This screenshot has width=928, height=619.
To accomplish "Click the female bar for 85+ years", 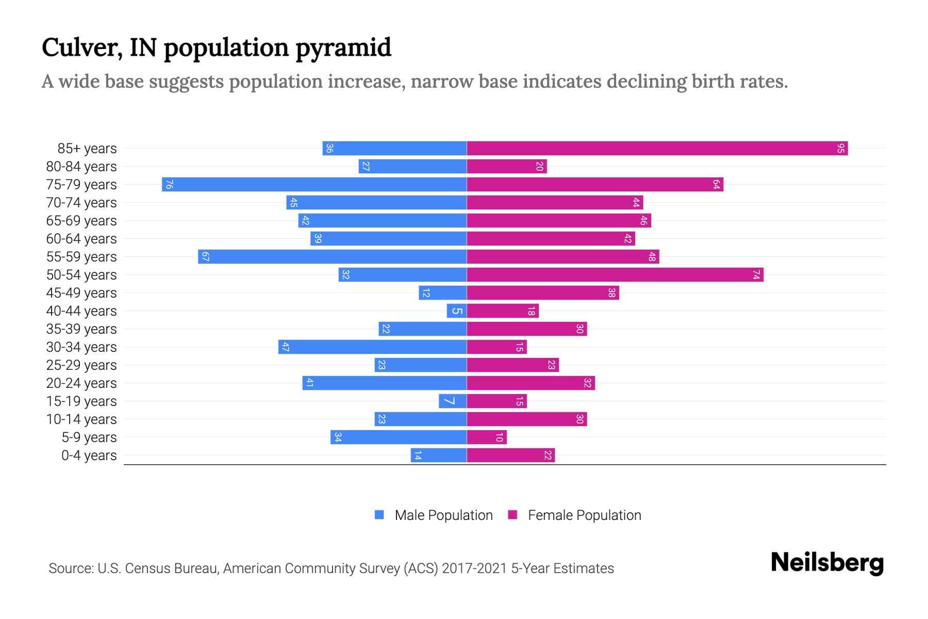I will pyautogui.click(x=657, y=149).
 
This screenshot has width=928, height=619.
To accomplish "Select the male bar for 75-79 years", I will pyautogui.click(x=314, y=185).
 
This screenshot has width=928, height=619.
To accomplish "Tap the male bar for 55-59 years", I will pyautogui.click(x=333, y=257).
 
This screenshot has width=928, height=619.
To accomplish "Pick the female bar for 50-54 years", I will pyautogui.click(x=615, y=275).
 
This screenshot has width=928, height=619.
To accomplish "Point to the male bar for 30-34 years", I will pyautogui.click(x=372, y=347).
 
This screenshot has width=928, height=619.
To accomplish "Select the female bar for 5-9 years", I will pyautogui.click(x=487, y=437).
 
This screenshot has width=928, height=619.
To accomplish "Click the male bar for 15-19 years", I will pyautogui.click(x=453, y=401).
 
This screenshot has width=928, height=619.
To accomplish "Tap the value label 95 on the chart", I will pyautogui.click(x=841, y=149).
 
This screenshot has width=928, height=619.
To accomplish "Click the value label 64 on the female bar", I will pyautogui.click(x=716, y=185).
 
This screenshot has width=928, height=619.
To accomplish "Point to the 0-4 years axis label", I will pyautogui.click(x=89, y=455).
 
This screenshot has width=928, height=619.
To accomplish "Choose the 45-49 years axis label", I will pyautogui.click(x=81, y=293).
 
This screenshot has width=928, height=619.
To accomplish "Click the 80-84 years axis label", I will pyautogui.click(x=81, y=167).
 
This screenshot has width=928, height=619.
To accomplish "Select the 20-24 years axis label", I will pyautogui.click(x=81, y=383).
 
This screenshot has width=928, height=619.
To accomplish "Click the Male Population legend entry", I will pyautogui.click(x=443, y=515).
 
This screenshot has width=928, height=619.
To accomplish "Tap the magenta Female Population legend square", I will pyautogui.click(x=512, y=515).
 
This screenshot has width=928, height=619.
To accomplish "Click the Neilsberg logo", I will pyautogui.click(x=827, y=563).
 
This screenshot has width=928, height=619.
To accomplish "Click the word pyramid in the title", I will pyautogui.click(x=344, y=48).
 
